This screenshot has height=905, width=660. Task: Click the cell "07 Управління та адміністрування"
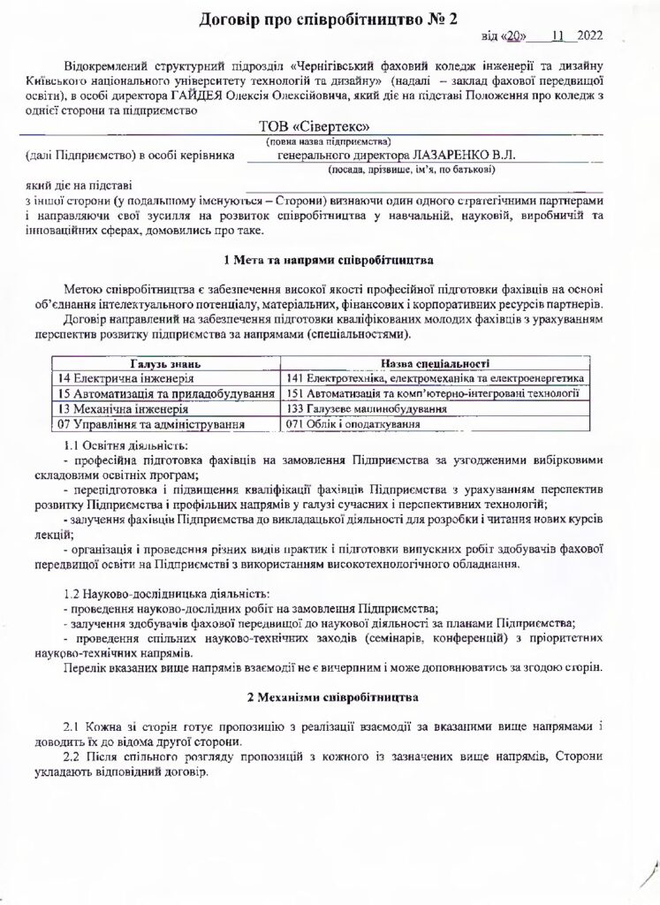click(149, 424)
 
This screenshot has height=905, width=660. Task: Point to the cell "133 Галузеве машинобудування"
click(371, 409)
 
